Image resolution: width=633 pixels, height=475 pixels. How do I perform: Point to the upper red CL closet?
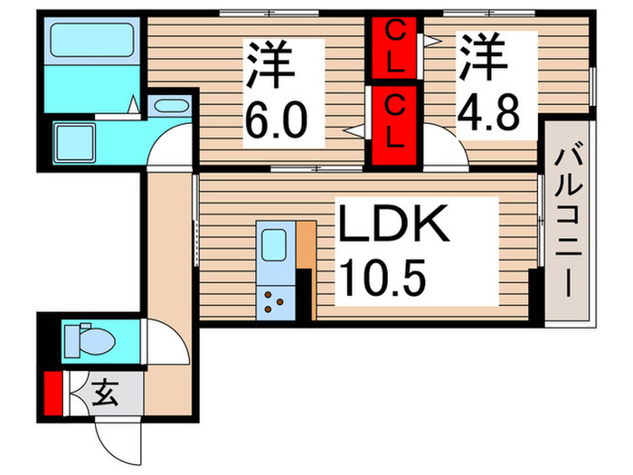pyautogui.click(x=396, y=50)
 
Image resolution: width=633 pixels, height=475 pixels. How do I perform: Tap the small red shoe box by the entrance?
pyautogui.click(x=53, y=393)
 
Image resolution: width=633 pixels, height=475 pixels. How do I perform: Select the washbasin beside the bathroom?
pyautogui.click(x=168, y=107)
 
